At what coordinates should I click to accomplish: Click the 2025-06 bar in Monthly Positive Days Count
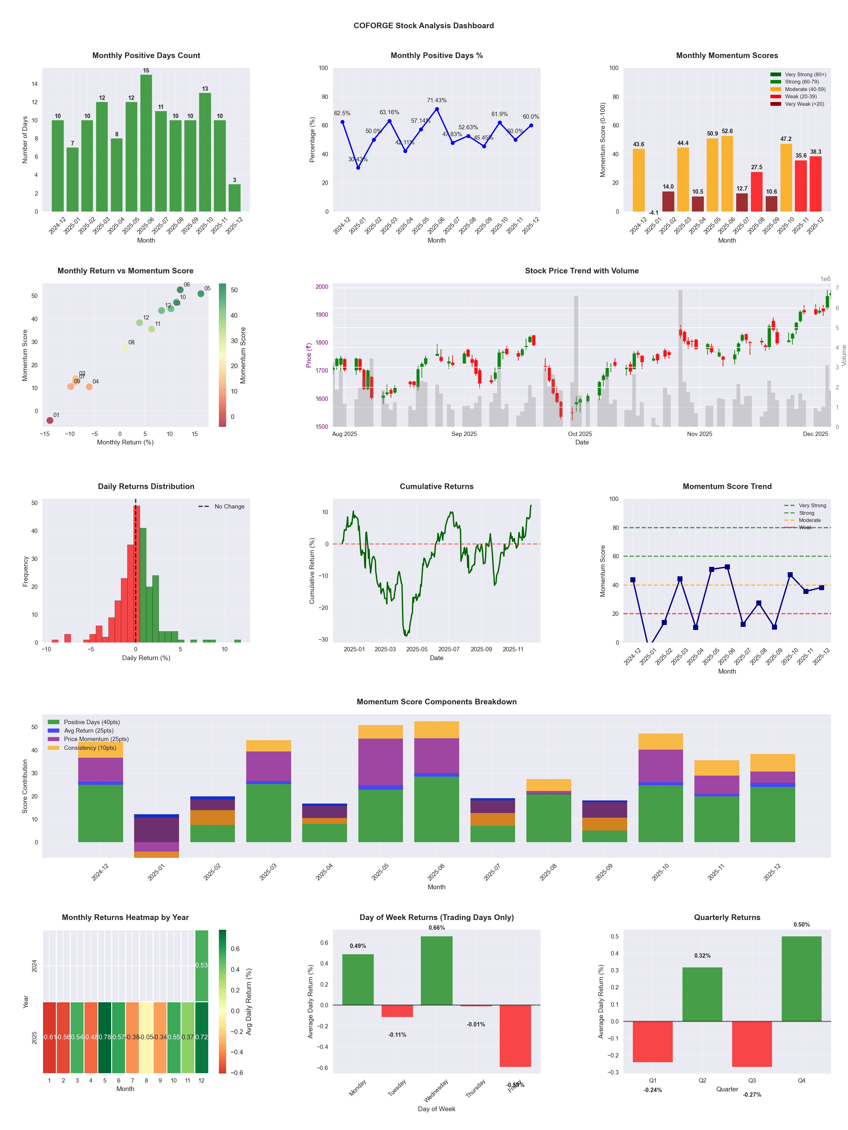click(x=146, y=143)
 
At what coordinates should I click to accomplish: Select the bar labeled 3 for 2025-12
click(x=235, y=198)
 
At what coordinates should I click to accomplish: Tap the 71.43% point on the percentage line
click(x=437, y=109)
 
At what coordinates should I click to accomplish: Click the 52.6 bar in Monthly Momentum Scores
click(x=727, y=174)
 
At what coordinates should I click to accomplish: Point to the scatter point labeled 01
click(x=50, y=420)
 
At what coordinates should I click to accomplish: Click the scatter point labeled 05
click(x=201, y=294)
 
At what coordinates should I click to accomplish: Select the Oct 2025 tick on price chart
click(x=580, y=434)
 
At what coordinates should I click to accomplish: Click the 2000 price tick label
click(x=322, y=287)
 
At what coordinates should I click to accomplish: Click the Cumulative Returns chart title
click(x=437, y=486)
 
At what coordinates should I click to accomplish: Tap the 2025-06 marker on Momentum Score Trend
click(x=727, y=567)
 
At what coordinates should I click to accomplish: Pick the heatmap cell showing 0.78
click(x=105, y=1037)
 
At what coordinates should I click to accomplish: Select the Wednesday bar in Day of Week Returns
click(x=437, y=971)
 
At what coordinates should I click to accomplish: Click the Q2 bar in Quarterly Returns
click(x=702, y=994)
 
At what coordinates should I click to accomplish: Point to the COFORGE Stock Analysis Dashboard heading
click(x=424, y=25)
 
